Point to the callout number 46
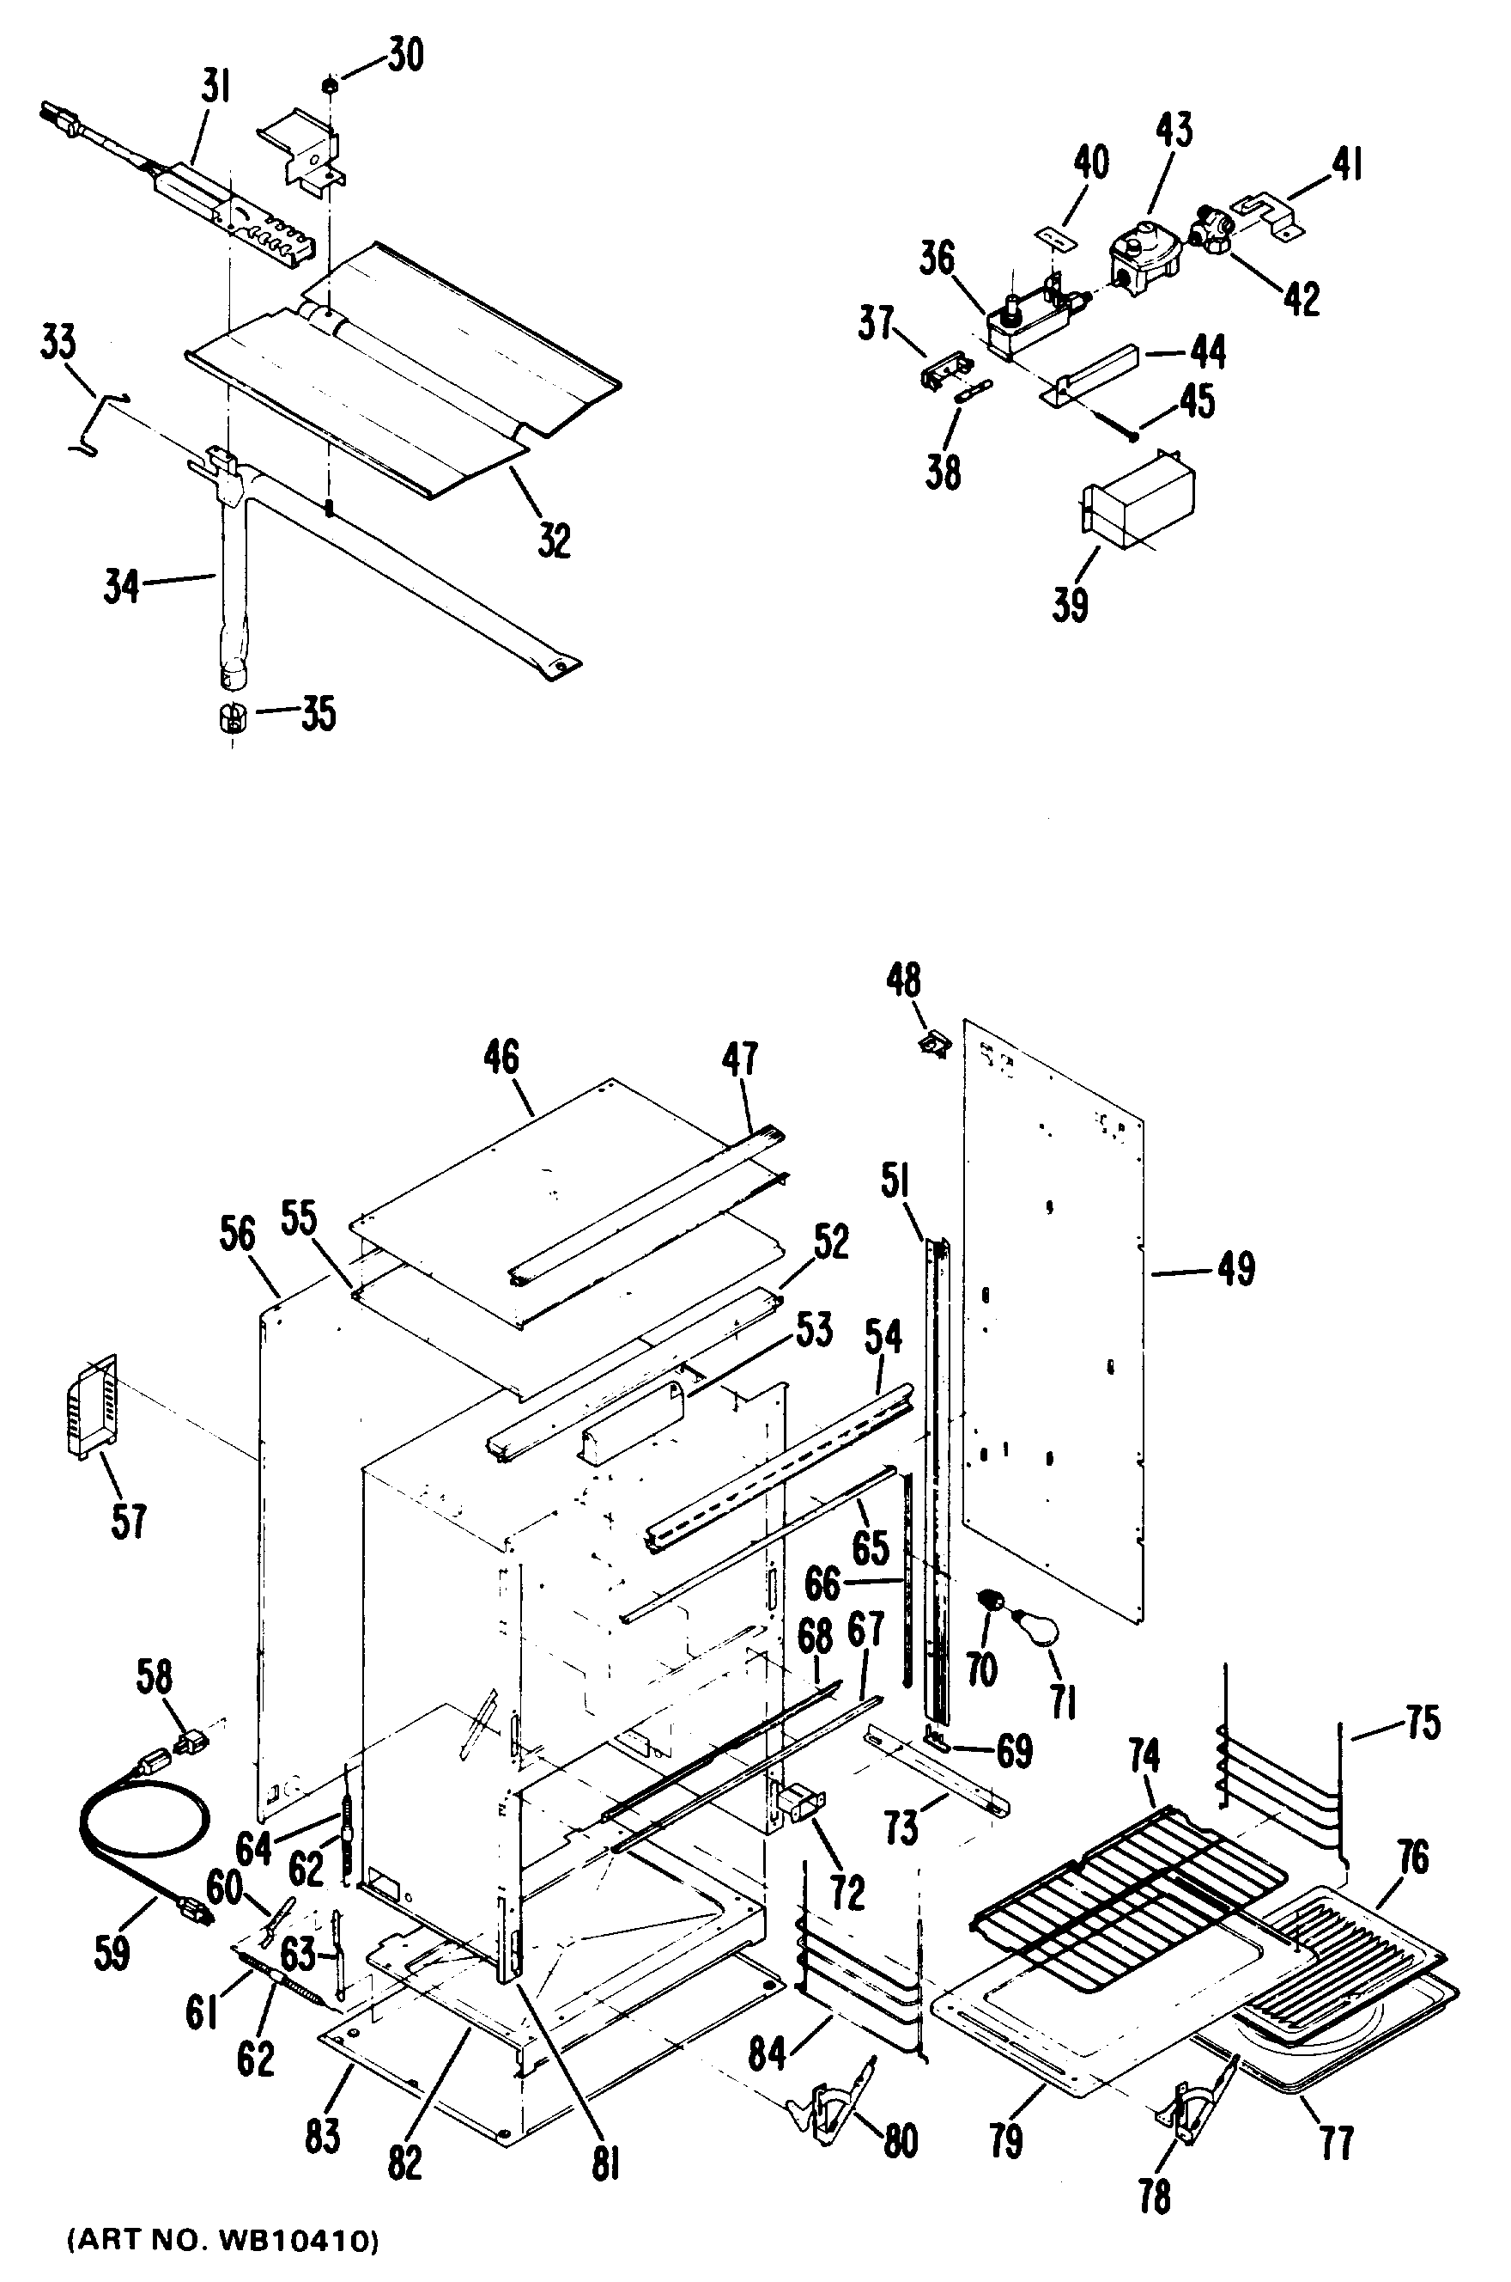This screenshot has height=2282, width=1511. click(x=501, y=1058)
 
